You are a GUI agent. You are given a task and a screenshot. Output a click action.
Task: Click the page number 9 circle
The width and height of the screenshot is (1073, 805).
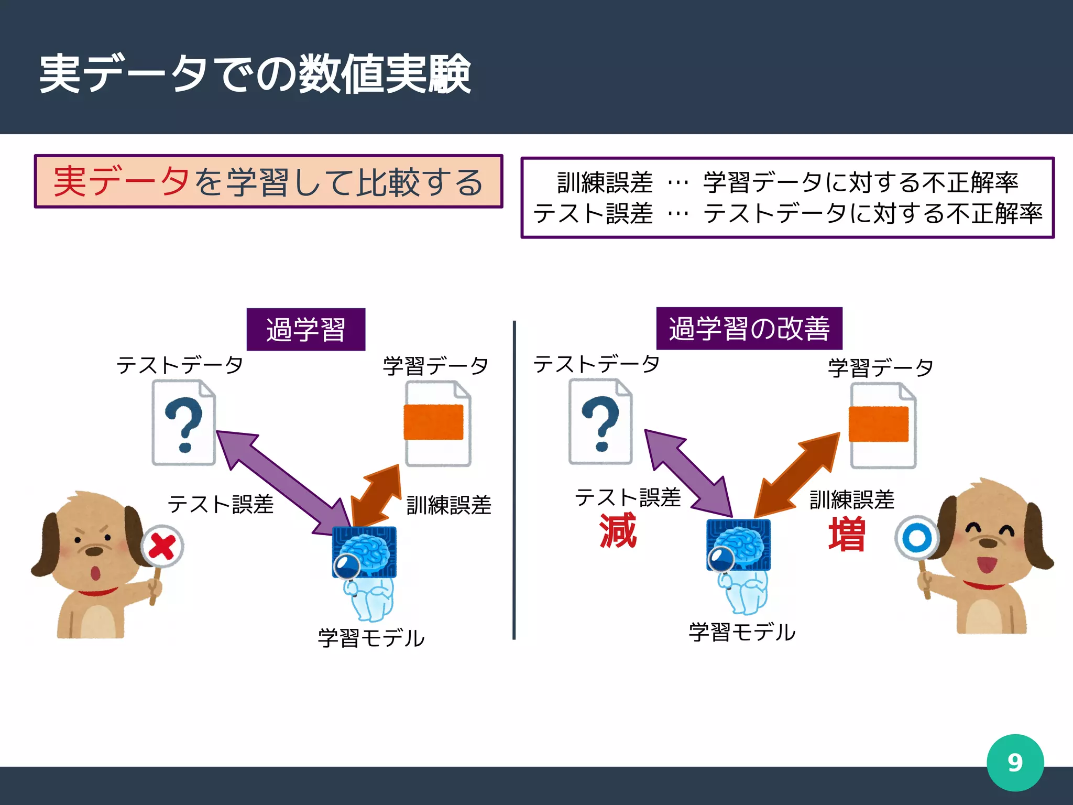pos(1015,763)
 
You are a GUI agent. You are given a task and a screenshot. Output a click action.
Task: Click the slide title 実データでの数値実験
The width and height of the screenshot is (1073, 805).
pos(255,74)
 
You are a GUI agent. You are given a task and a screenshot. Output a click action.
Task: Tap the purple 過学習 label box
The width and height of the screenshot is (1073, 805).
pos(306,330)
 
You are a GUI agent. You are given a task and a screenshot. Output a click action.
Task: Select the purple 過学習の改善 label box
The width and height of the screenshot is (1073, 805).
pos(749,329)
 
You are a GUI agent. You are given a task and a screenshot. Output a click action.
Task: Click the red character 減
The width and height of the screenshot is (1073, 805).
pos(618,531)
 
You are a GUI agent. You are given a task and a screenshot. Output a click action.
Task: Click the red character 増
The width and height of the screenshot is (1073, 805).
pos(846,535)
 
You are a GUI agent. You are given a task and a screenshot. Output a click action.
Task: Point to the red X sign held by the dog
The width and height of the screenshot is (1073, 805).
pos(162,547)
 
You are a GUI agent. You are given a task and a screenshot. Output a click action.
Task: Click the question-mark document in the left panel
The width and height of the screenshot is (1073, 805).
pos(184,422)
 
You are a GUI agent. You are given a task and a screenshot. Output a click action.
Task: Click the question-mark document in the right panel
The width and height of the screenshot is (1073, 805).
pos(600,421)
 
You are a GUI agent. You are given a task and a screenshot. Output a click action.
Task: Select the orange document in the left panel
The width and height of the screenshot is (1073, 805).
pos(437,423)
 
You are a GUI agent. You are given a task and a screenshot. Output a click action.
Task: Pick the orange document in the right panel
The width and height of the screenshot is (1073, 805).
pos(882,425)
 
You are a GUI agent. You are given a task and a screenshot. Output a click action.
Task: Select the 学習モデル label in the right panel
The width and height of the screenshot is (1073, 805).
pos(742,633)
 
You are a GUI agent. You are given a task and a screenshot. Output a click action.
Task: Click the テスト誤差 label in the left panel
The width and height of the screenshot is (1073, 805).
pos(221,505)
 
